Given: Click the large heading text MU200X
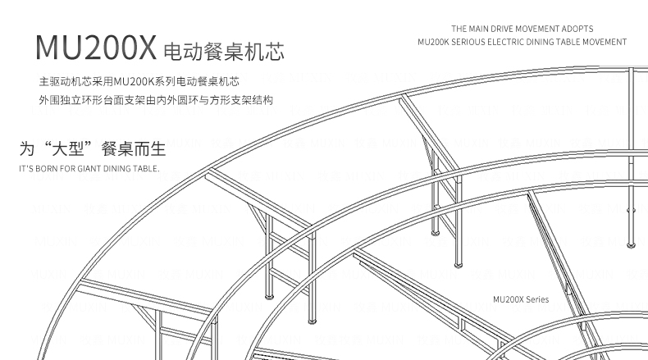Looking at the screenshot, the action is tap(95, 50).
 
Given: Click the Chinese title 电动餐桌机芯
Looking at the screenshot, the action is tap(223, 52).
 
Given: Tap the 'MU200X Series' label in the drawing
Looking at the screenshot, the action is tap(521, 300).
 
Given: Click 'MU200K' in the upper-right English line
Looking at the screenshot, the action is tap(433, 42).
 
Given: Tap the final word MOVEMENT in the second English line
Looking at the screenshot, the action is tap(605, 42).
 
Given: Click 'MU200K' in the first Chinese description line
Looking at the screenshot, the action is tap(131, 83).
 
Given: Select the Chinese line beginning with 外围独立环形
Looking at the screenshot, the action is tap(155, 100).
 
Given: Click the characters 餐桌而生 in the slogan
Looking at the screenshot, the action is tap(132, 149).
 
